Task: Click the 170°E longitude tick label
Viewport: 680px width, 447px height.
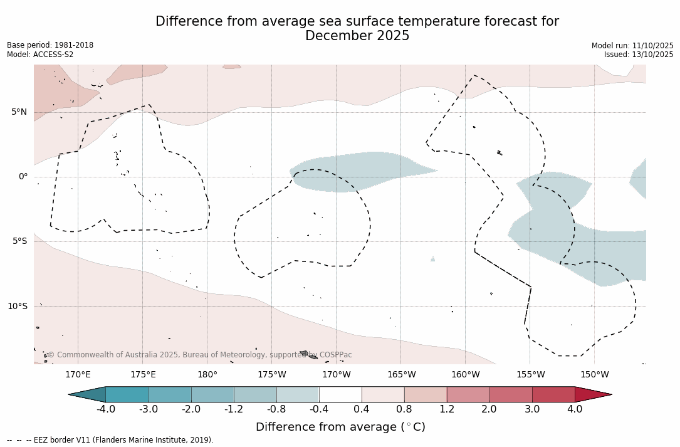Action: [78, 375]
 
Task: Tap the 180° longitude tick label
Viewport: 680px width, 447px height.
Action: [207, 375]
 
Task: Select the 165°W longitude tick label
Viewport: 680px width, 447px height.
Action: [401, 375]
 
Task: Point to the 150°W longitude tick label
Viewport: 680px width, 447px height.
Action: [594, 375]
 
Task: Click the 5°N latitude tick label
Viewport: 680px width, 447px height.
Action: [19, 112]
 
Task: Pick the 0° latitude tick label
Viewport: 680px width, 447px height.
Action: [23, 177]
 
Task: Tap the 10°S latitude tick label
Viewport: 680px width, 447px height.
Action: [17, 307]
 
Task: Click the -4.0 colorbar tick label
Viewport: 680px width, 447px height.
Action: [105, 409]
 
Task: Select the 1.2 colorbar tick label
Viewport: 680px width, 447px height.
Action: [447, 409]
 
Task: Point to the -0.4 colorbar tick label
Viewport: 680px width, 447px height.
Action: [319, 409]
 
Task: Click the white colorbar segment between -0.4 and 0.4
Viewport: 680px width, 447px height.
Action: [340, 394]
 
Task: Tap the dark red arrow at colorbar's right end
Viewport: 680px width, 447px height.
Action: [592, 394]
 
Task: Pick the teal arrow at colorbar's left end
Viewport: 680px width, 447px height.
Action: [88, 394]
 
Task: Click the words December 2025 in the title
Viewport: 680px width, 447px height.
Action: [357, 36]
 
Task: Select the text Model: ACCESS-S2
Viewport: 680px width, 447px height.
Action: [40, 55]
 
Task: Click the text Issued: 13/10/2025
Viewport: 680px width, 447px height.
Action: [639, 55]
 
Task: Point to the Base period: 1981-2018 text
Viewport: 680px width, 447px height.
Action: [50, 45]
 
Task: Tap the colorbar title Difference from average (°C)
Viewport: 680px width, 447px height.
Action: [340, 427]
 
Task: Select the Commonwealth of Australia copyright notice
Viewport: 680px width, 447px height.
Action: [200, 355]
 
